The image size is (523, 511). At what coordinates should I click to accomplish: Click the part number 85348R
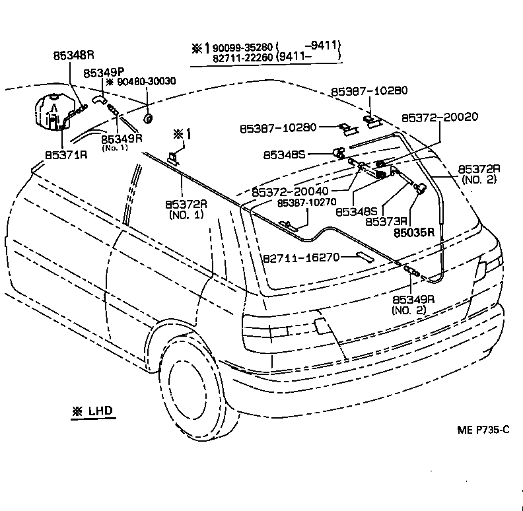[x=74, y=56]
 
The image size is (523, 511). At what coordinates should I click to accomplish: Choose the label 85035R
[x=414, y=232]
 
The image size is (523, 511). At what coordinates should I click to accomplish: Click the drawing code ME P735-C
[x=483, y=430]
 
